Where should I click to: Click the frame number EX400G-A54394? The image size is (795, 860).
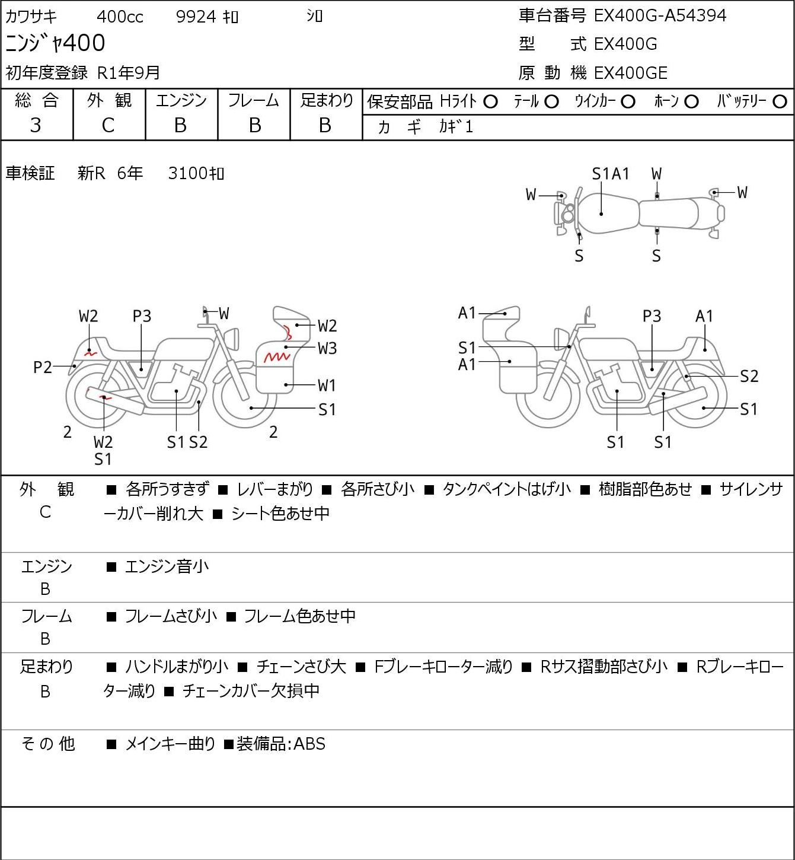[660, 16]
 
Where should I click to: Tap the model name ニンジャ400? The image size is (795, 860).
[55, 43]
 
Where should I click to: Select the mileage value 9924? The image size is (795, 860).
[196, 17]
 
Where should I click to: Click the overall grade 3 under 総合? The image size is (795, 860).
[36, 126]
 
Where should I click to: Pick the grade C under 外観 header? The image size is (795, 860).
[108, 126]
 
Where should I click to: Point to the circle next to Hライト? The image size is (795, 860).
[490, 102]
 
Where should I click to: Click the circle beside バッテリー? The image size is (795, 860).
[780, 102]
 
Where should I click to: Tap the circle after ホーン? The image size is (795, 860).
[691, 102]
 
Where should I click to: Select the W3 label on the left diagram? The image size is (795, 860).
[327, 348]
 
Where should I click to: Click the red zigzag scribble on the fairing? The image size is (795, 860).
[277, 357]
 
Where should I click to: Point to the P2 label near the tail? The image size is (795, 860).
[43, 367]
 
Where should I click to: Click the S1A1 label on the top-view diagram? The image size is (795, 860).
[611, 174]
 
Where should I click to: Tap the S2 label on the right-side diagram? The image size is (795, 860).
[749, 376]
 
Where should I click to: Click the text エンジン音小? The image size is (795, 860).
[167, 566]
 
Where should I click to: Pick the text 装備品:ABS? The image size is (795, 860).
[280, 744]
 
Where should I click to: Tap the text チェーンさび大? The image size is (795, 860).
[301, 667]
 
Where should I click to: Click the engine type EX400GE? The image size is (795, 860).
[630, 73]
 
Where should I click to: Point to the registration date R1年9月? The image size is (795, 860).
[129, 73]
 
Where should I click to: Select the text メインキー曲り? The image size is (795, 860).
[170, 744]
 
